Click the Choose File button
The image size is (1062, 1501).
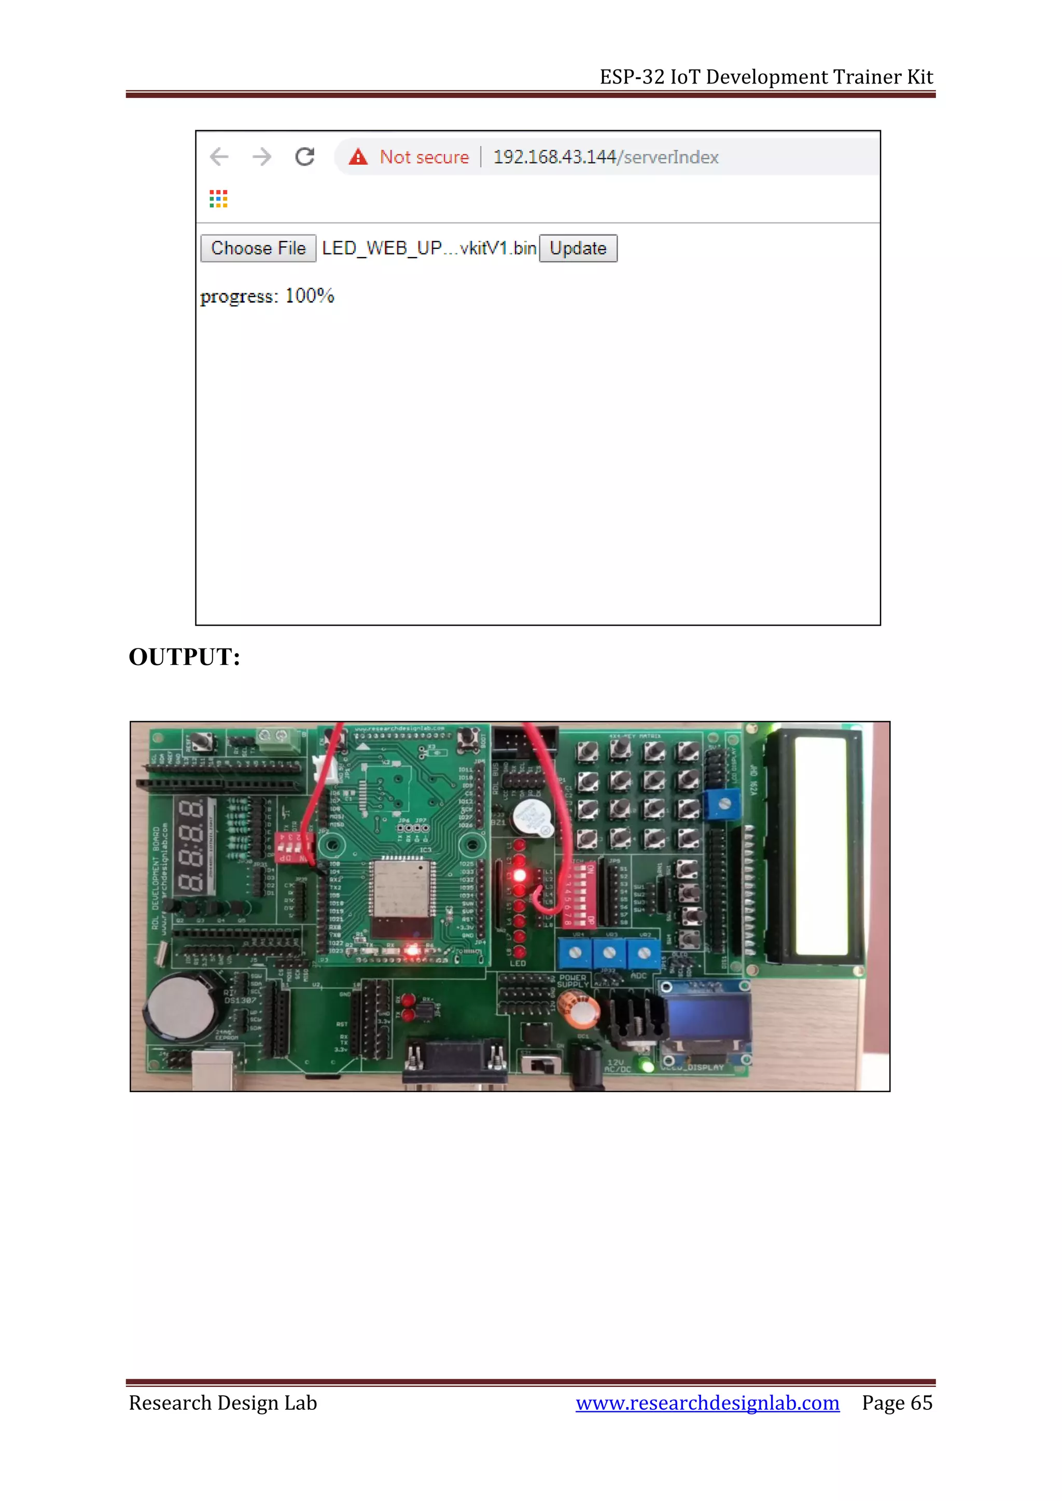pyautogui.click(x=258, y=248)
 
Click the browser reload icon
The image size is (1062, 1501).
pyautogui.click(x=305, y=157)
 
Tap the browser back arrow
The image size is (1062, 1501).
pyautogui.click(x=219, y=157)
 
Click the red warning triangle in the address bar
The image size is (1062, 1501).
pyautogui.click(x=358, y=157)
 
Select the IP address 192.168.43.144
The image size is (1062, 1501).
pyautogui.click(x=554, y=157)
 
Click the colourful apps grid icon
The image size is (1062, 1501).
pyautogui.click(x=218, y=199)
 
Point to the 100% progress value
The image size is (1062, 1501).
pyautogui.click(x=310, y=296)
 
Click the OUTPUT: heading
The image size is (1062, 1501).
pyautogui.click(x=185, y=657)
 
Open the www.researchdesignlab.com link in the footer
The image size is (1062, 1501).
pyautogui.click(x=707, y=1403)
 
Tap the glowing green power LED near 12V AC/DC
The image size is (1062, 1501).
pyautogui.click(x=647, y=1066)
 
